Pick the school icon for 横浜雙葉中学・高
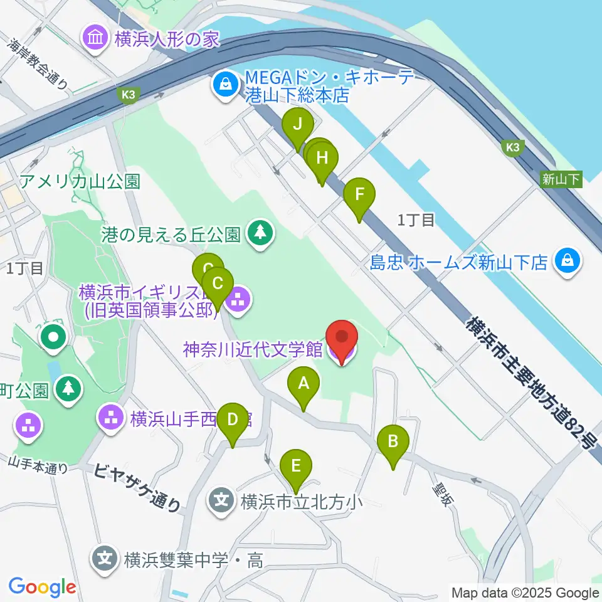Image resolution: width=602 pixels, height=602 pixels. coord(105,557)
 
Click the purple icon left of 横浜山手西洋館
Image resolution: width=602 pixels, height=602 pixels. coord(112,416)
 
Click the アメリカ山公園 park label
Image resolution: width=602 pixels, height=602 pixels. coord(80,182)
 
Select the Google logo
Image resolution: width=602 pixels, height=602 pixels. coord(42,587)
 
